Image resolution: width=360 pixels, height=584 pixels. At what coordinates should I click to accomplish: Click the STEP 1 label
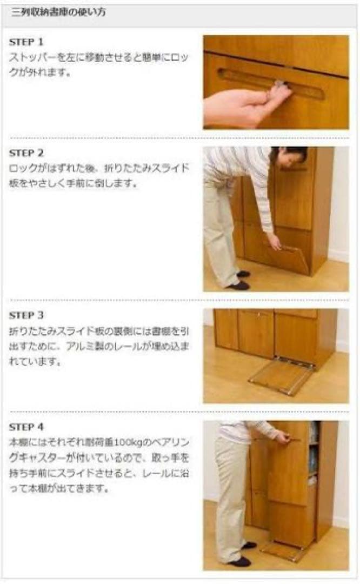(x=26, y=42)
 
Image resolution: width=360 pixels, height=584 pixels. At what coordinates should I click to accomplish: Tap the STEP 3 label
(x=26, y=315)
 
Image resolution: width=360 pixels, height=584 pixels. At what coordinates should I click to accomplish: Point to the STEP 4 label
(x=26, y=426)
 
